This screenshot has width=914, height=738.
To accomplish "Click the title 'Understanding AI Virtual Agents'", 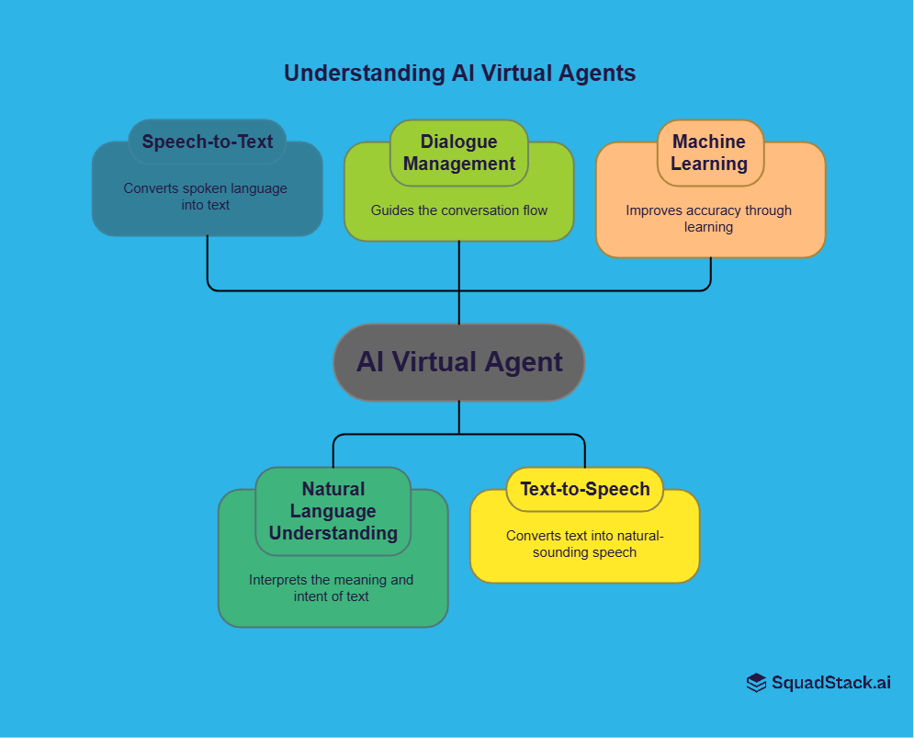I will point(459,74).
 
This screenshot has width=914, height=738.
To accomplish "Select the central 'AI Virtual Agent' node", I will point(458,362).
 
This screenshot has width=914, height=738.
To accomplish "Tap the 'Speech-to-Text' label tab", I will point(208,142).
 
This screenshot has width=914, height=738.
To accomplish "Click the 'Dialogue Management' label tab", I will point(459,153).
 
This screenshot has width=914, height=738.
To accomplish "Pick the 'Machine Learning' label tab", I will point(709,153).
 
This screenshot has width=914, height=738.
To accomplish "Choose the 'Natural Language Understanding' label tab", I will point(333,511).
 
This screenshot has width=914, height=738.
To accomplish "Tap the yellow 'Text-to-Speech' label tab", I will point(585,489).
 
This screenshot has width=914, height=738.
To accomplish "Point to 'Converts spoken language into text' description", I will point(206,197).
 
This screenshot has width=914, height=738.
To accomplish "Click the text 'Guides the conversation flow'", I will point(459,210).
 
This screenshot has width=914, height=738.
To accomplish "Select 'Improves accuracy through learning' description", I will point(709,219).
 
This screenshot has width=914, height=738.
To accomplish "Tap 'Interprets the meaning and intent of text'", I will point(332,588).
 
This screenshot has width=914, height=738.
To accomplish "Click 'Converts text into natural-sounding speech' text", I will point(585,544).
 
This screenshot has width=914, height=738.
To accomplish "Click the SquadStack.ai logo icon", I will point(756,683).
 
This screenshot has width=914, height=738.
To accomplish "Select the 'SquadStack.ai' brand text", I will point(831,683).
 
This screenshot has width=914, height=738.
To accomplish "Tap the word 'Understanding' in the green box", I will point(333,533).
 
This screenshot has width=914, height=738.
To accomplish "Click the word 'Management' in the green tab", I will point(459,165).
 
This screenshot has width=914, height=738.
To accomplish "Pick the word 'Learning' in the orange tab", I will point(709,165).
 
